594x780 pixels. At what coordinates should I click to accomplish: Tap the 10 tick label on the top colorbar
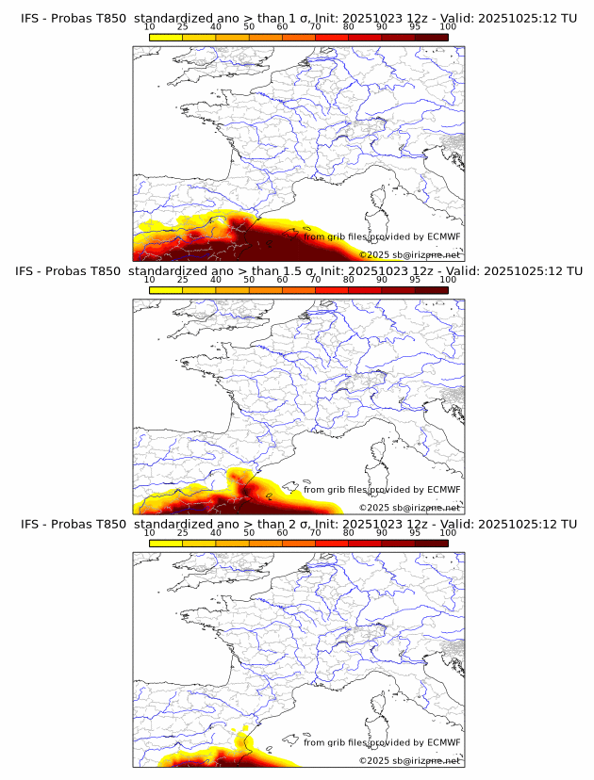click(149, 26)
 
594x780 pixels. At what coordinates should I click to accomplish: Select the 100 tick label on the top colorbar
click(448, 26)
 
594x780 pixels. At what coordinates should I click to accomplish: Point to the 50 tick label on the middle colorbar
click(249, 279)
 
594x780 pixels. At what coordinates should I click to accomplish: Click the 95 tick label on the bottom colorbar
click(415, 531)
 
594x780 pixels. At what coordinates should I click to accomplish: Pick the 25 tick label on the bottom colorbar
click(182, 531)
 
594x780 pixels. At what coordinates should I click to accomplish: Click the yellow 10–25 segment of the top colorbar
click(166, 37)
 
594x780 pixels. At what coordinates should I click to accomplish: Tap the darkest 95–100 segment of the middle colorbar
click(431, 289)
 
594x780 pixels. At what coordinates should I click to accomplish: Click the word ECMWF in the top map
click(444, 237)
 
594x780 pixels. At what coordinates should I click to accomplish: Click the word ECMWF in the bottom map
click(444, 742)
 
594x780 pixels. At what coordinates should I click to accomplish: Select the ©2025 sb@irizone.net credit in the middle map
click(409, 508)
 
